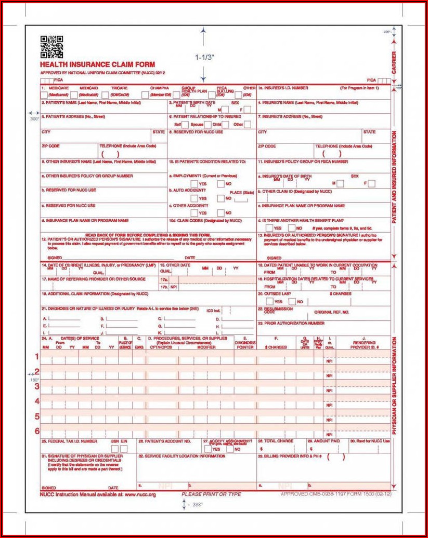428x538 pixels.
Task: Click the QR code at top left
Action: tap(51, 46)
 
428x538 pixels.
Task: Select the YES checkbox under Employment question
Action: tap(194, 184)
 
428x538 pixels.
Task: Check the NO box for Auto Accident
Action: tap(221, 198)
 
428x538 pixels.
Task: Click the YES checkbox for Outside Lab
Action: tap(269, 302)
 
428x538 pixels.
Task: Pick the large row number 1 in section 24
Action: tap(37, 357)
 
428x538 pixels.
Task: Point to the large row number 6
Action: tap(37, 431)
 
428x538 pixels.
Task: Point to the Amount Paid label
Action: tap(326, 441)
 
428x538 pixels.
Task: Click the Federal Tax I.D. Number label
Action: tap(70, 441)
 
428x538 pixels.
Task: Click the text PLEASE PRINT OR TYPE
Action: tap(211, 494)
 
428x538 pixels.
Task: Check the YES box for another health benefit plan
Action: tap(268, 228)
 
